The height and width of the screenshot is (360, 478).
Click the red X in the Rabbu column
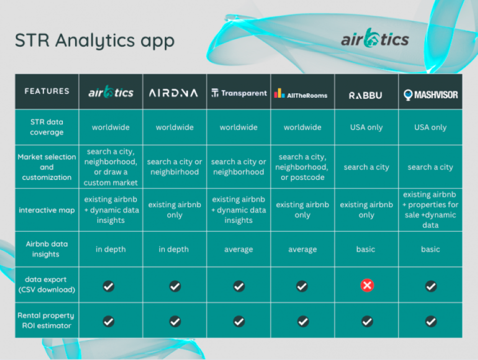coord(367,286)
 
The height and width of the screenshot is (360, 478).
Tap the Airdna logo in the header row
coord(173,93)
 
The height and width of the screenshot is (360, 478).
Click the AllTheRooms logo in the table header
coord(301,93)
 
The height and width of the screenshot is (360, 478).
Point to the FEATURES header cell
coord(47,91)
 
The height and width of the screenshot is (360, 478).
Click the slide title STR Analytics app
coord(95,41)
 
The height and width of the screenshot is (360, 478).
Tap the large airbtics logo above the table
coord(375,39)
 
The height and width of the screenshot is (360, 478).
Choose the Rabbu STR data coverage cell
coord(366,127)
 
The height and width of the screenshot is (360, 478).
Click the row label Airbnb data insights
coord(47,249)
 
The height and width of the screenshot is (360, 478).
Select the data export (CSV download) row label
coord(47,284)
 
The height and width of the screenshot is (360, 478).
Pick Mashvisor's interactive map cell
coord(430,210)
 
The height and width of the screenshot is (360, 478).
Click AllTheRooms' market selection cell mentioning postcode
coord(303,167)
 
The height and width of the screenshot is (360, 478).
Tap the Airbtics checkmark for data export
coord(109,286)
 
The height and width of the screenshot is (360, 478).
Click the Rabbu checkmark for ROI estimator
coord(367,321)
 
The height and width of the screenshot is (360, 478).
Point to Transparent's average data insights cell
coord(238,249)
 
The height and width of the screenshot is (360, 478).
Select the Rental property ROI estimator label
coord(46,320)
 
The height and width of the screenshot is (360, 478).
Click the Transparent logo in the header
coord(239,93)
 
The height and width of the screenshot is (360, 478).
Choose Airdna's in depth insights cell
coord(174,249)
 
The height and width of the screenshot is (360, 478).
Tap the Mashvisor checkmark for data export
coord(431,286)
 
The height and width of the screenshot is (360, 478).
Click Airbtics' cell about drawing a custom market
coord(111,167)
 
